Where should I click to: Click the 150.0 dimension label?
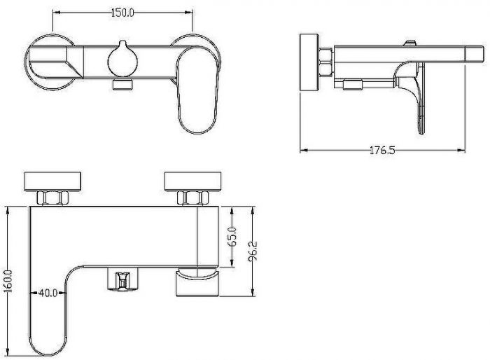[x=122, y=13]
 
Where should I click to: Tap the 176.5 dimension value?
[x=382, y=151]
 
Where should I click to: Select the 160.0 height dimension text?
[x=8, y=281]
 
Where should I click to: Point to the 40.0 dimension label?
[x=48, y=293]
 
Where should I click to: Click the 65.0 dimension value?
[x=233, y=237]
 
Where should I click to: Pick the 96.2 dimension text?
[x=253, y=251]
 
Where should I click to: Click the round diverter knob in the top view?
[x=122, y=59]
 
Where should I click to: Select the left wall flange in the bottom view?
[x=52, y=181]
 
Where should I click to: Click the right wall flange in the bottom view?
[x=192, y=181]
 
